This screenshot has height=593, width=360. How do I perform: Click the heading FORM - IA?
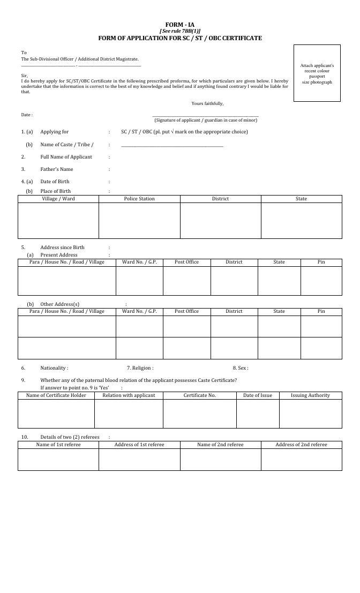point(180,25)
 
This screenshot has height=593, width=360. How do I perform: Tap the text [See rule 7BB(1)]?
point(180,32)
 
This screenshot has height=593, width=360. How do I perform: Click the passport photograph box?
point(317,73)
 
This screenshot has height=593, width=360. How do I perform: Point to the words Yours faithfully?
point(207,103)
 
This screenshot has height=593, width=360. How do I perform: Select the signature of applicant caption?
point(206,120)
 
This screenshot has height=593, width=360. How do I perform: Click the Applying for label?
point(54,132)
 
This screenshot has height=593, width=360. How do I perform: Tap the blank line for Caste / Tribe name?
point(172,145)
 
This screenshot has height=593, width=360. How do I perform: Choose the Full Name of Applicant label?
point(66,157)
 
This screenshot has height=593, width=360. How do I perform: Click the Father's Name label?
point(56,169)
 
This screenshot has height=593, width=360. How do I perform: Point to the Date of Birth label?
point(55,182)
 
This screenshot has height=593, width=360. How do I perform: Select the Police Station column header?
point(139,199)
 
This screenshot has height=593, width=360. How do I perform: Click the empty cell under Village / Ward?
point(58,220)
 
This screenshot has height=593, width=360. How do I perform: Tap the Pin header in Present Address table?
point(321,262)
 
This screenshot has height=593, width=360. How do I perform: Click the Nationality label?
point(54,368)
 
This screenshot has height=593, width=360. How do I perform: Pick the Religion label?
point(140,368)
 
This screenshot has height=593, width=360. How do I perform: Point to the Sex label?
point(240,368)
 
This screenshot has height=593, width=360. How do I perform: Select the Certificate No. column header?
point(199,395)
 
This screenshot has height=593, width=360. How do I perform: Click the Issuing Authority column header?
point(310,395)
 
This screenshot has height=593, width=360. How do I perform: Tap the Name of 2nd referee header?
point(220,445)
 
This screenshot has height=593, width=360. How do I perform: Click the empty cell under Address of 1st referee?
point(139,460)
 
